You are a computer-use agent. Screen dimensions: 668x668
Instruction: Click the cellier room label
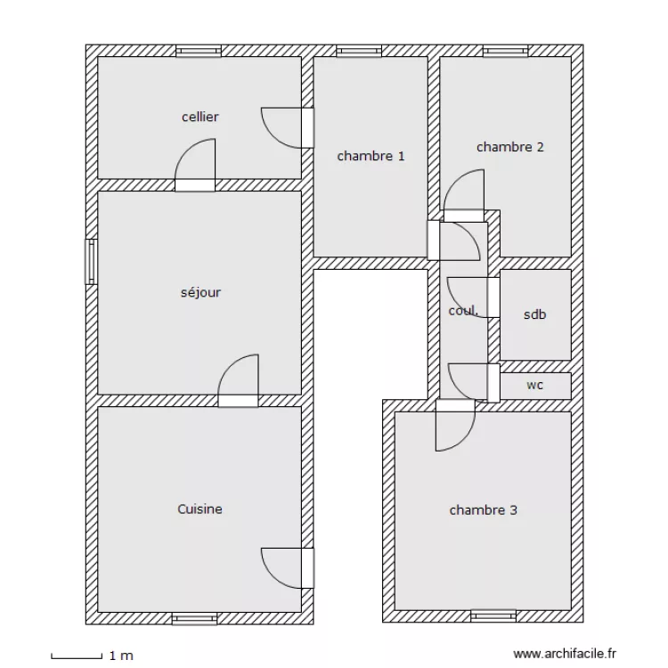(200, 117)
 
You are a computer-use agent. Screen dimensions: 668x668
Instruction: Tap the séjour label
(200, 292)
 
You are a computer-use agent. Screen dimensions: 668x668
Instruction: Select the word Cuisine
(200, 509)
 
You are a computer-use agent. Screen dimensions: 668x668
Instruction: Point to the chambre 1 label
(371, 156)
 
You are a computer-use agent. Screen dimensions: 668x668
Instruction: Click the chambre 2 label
(510, 147)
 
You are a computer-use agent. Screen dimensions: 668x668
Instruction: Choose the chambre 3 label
(483, 510)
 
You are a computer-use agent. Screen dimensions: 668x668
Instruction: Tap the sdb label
(534, 314)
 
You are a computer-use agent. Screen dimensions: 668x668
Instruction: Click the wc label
(534, 385)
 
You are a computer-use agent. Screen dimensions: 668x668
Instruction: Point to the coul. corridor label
(463, 311)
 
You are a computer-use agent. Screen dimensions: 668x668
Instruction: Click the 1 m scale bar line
(77, 658)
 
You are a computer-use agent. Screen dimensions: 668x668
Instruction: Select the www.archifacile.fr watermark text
(565, 654)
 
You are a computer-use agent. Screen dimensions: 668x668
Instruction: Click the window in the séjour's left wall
(91, 262)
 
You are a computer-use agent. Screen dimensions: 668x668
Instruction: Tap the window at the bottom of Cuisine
(194, 619)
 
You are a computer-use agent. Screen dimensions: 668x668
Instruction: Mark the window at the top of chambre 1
(359, 51)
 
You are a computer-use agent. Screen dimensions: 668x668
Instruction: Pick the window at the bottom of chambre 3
(493, 616)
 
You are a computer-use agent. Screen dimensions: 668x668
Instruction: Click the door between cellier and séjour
(195, 166)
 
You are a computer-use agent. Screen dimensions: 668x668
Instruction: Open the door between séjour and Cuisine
(238, 381)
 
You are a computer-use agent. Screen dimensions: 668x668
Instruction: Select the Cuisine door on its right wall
(288, 568)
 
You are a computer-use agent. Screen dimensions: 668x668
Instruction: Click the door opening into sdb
(473, 297)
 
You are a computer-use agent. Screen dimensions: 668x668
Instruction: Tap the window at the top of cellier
(199, 51)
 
